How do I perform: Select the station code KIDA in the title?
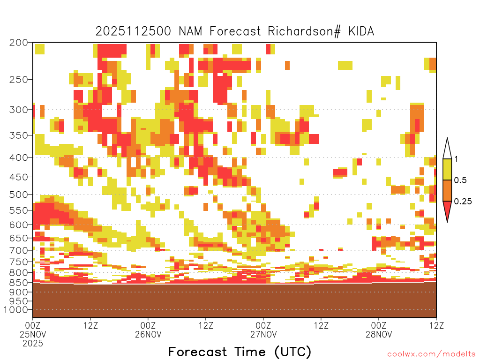point(361,31)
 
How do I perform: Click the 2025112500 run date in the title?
point(133,31)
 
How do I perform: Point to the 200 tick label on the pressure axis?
point(19,42)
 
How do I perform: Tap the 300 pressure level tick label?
point(19,109)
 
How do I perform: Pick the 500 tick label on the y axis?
point(19,195)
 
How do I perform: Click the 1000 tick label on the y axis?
point(15,310)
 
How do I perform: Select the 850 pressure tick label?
point(19,282)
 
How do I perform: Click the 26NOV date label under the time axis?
point(148,334)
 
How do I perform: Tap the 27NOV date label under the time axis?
point(263,334)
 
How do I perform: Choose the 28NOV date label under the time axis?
point(379,334)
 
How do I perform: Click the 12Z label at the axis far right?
point(436,325)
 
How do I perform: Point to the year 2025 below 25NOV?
point(33,343)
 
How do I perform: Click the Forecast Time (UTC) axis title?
point(240,352)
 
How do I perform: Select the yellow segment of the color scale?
point(447,169)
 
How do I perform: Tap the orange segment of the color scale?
point(447,190)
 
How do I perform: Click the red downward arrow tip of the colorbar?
point(447,222)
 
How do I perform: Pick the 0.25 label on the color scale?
point(463,202)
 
